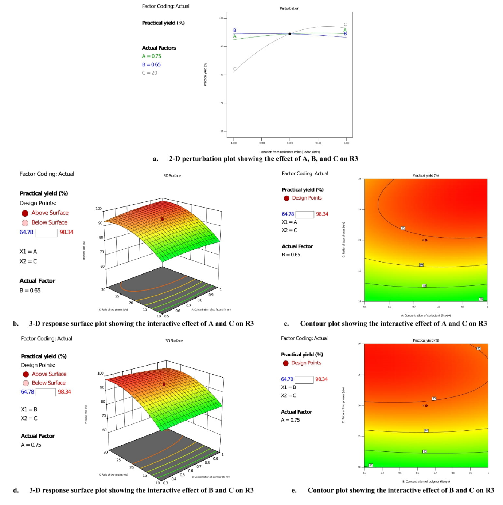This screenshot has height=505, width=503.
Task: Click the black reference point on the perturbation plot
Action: pos(290,34)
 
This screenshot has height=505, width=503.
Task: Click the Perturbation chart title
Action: pos(289,8)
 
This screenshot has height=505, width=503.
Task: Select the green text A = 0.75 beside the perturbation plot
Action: pos(151,56)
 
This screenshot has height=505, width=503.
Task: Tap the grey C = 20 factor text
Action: pos(149,73)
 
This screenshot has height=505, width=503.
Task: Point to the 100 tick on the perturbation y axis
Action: pos(221,18)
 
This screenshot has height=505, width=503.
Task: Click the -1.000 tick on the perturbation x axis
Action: pos(233,143)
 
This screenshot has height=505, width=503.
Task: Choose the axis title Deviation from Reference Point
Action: pos(289,152)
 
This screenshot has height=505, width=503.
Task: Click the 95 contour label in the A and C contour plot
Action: pos(403,228)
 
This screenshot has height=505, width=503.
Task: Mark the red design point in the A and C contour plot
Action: pos(426,240)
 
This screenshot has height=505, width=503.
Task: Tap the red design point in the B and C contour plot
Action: pos(426,406)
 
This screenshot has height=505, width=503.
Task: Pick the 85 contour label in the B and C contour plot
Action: pos(425,451)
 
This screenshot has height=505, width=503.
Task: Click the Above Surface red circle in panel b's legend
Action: pos(25,213)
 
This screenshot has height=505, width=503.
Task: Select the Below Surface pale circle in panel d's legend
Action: pos(26,383)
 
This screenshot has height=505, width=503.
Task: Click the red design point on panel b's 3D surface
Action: pos(162,219)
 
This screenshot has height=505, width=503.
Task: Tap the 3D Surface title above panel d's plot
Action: pos(174,341)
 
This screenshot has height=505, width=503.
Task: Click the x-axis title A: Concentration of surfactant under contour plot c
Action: pos(426,316)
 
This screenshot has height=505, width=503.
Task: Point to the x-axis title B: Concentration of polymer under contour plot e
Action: pos(426,482)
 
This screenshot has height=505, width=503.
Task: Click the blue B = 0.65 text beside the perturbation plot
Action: pos(151,64)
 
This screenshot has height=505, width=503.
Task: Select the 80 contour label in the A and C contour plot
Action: pos(481,299)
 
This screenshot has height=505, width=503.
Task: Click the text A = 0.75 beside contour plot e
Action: pos(290,420)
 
